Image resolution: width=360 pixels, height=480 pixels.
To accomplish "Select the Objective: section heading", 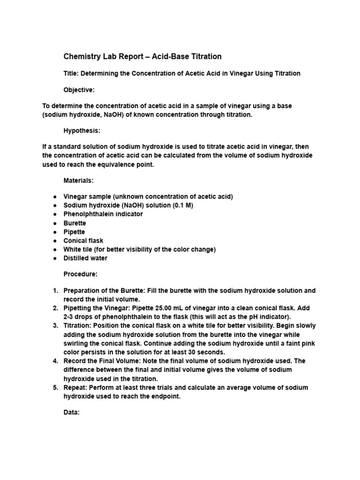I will [79, 90].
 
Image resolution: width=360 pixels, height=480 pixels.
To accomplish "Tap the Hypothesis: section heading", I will [82, 131].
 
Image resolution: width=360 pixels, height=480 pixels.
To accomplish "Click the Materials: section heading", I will [79, 180].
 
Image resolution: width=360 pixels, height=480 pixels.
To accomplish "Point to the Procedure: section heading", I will [81, 274].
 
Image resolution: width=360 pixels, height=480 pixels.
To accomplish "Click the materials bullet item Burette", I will [75, 223].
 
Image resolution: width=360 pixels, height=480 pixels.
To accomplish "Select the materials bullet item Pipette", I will [75, 232].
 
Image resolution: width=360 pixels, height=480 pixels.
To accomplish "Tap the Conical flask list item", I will [83, 240].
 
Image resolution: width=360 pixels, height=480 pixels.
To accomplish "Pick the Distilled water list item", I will [85, 258].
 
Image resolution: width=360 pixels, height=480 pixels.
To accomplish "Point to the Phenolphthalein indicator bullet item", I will [103, 214].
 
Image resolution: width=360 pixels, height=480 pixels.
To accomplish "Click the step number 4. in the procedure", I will [55, 361].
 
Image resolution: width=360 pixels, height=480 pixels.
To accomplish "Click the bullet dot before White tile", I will [55, 250].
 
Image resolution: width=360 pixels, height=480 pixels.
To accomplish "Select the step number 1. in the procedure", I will [55, 291].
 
